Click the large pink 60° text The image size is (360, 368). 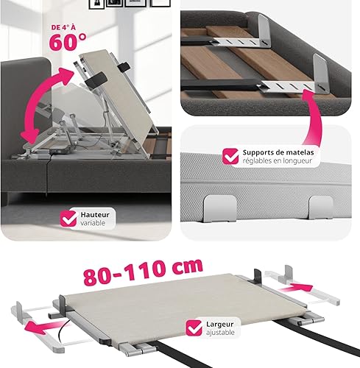pos(68,42)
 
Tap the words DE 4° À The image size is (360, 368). pos(63,27)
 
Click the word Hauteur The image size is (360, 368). pos(95,215)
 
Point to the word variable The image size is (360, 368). pos(93,223)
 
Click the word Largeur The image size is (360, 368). pos(220,325)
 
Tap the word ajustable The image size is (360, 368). pos(220,333)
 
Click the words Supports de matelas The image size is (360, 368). pos(278,152)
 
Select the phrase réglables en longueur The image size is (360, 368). pos(278,160)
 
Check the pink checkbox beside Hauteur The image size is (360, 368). pos(68,219)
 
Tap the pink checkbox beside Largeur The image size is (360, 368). pos(194,328)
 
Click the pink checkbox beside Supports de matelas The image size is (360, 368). pos(230,156)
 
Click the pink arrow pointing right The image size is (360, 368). pos(296,288)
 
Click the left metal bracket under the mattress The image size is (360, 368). pos(220,208)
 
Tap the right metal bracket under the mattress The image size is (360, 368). pos(321,208)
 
